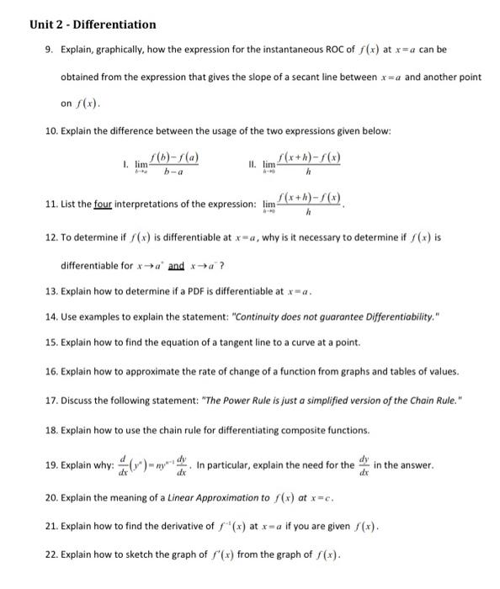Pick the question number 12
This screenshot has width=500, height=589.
50,237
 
